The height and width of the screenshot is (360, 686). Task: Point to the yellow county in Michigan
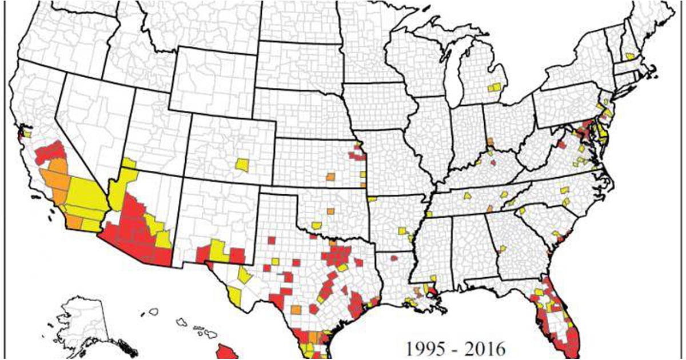495,88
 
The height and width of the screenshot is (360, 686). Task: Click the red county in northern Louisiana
394,259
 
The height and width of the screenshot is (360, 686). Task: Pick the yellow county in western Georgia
503,248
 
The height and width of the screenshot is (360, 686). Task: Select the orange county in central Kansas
330,177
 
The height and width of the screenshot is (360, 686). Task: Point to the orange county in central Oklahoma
330,211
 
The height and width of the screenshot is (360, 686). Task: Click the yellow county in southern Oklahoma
317,226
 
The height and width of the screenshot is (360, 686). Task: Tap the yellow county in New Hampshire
629,56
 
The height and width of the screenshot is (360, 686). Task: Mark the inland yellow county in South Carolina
522,210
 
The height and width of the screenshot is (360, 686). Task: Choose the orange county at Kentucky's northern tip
490,142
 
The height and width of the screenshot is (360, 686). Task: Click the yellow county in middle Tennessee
468,195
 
